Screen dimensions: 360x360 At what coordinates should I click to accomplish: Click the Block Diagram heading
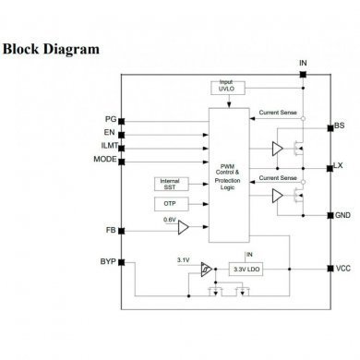pos(52,48)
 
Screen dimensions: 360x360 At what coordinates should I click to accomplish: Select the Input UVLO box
pos(226,87)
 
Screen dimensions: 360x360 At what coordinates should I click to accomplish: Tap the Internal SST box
pos(169,184)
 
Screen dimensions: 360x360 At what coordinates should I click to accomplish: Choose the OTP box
pos(169,203)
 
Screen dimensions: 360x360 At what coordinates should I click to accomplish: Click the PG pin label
pos(110,119)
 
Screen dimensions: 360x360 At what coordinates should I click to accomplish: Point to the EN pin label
pos(110,133)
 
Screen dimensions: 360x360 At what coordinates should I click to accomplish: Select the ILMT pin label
pos(107,146)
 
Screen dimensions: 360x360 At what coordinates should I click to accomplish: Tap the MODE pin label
pos(104,159)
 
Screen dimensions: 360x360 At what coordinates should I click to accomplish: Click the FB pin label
pos(110,229)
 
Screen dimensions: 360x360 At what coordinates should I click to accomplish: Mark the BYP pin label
pos(107,262)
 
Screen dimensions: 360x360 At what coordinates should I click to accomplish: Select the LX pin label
pos(339,166)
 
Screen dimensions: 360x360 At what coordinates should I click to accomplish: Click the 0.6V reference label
pos(169,220)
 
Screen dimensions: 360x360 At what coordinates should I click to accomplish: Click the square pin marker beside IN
pos(303,75)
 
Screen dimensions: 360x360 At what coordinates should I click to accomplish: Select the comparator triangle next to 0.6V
pos(184,228)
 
